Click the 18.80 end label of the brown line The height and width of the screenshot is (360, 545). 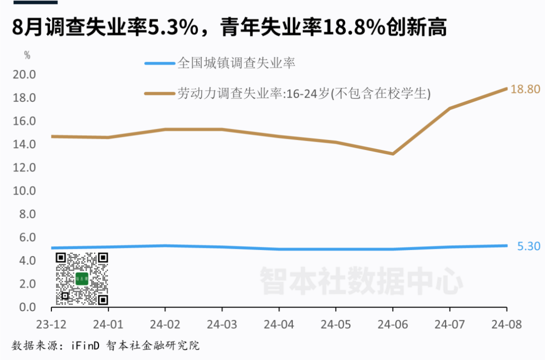coord(525,89)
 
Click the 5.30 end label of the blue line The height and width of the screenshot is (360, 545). coord(529,246)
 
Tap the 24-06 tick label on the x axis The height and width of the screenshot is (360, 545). coord(393,323)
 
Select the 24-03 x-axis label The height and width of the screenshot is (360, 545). coord(222,323)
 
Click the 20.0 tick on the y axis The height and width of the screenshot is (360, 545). coord(25,74)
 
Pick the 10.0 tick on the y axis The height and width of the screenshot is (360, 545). coord(25,191)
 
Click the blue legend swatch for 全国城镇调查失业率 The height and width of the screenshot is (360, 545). coord(159,64)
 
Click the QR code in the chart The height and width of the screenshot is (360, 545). coord(82,279)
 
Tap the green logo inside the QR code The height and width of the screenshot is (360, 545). coord(82,279)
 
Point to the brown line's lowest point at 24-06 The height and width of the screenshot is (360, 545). coord(393,153)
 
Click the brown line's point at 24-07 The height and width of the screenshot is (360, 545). coord(450,108)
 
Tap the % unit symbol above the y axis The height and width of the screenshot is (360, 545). coord(27,55)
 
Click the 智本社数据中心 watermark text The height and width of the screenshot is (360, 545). coord(361,281)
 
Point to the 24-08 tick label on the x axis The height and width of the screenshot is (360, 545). coord(506,323)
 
